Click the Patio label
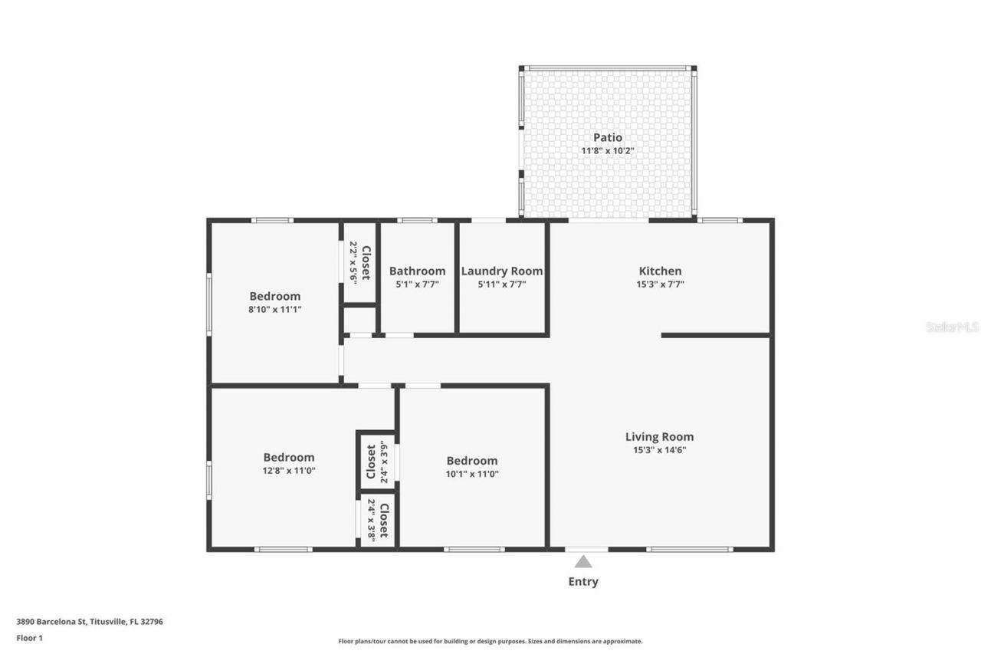(608, 137)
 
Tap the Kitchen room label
(660, 271)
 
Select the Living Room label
(659, 437)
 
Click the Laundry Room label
(502, 271)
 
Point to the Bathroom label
(417, 271)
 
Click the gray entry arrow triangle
(583, 562)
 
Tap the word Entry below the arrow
(583, 581)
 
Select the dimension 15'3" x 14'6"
(659, 450)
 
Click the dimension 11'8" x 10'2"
(608, 151)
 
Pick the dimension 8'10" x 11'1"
(274, 310)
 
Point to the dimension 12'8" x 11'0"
(289, 471)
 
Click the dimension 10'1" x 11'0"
(472, 474)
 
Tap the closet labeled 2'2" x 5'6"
(359, 263)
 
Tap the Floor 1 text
(29, 637)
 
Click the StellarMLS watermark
(952, 327)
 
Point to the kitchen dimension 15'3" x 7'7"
(660, 284)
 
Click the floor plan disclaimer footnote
(490, 641)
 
